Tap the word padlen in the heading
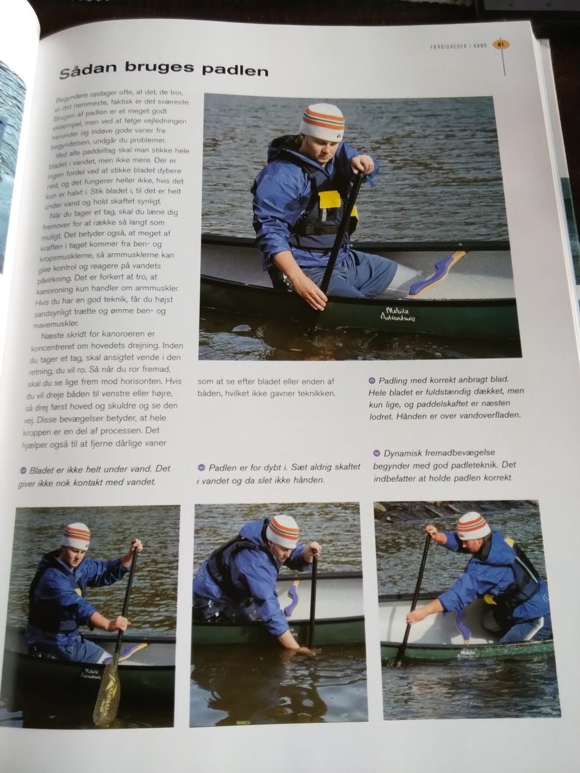235,70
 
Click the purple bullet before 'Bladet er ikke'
24,471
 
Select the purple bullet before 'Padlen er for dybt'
201,467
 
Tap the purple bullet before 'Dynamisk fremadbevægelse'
376,453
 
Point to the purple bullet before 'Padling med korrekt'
372,380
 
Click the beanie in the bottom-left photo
76,536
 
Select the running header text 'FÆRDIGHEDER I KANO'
459,46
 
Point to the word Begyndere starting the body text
71,97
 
